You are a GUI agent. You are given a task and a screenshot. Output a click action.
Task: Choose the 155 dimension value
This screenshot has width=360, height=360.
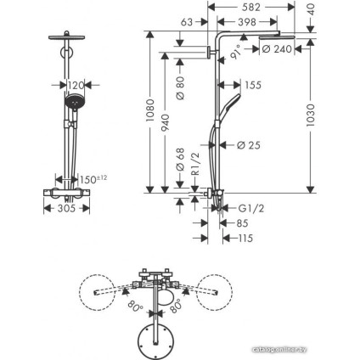click(252, 85)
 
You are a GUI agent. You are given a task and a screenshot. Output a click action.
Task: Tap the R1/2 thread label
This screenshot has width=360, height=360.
click(196, 161)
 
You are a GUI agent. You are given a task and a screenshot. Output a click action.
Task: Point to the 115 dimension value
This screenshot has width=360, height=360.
click(245, 239)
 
